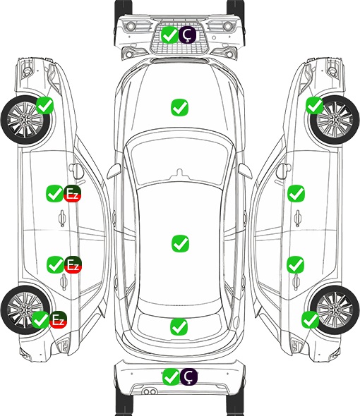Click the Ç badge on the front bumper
click(x=187, y=35)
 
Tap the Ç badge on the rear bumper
click(x=188, y=377)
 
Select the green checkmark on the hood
click(x=179, y=107)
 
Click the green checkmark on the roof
click(x=180, y=243)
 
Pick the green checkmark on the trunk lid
click(x=179, y=326)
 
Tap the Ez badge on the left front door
click(x=72, y=193)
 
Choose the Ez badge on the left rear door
click(x=73, y=264)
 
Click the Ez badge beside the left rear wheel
click(x=58, y=319)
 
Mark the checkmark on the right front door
click(x=296, y=193)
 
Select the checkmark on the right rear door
click(x=296, y=264)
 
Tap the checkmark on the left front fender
click(x=44, y=105)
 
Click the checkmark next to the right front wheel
click(x=315, y=105)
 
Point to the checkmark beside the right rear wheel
click(x=311, y=319)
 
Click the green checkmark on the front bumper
click(x=170, y=35)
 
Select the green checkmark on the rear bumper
click(x=171, y=377)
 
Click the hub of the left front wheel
click(x=25, y=121)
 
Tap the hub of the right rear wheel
click(x=335, y=310)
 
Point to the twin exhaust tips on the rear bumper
click(x=150, y=391)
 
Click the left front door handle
click(x=62, y=218)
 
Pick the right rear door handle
click(x=296, y=283)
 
